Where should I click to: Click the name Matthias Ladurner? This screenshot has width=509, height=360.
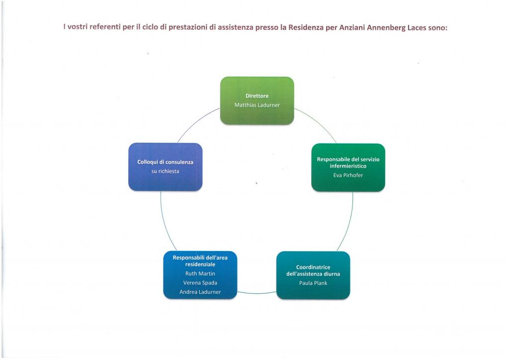pyautogui.click(x=257, y=105)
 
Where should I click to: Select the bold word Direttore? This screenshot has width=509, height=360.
pyautogui.click(x=257, y=96)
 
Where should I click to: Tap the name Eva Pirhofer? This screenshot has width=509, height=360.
pyautogui.click(x=348, y=176)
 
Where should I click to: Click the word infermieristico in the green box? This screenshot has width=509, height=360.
pyautogui.click(x=348, y=166)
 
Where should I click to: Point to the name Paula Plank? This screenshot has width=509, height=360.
pyautogui.click(x=313, y=283)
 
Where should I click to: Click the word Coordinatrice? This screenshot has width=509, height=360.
pyautogui.click(x=313, y=267)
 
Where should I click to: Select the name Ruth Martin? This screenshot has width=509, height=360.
pyautogui.click(x=200, y=273)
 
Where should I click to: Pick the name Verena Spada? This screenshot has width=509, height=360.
pyautogui.click(x=200, y=283)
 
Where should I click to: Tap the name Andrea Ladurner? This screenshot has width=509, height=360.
pyautogui.click(x=200, y=292)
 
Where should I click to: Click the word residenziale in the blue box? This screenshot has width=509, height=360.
pyautogui.click(x=200, y=264)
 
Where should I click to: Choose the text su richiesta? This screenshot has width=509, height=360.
pyautogui.click(x=165, y=172)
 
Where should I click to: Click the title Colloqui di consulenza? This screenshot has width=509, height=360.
pyautogui.click(x=165, y=162)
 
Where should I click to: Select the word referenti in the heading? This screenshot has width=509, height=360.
pyautogui.click(x=105, y=27)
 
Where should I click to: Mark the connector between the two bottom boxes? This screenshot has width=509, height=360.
pyautogui.click(x=257, y=293)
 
